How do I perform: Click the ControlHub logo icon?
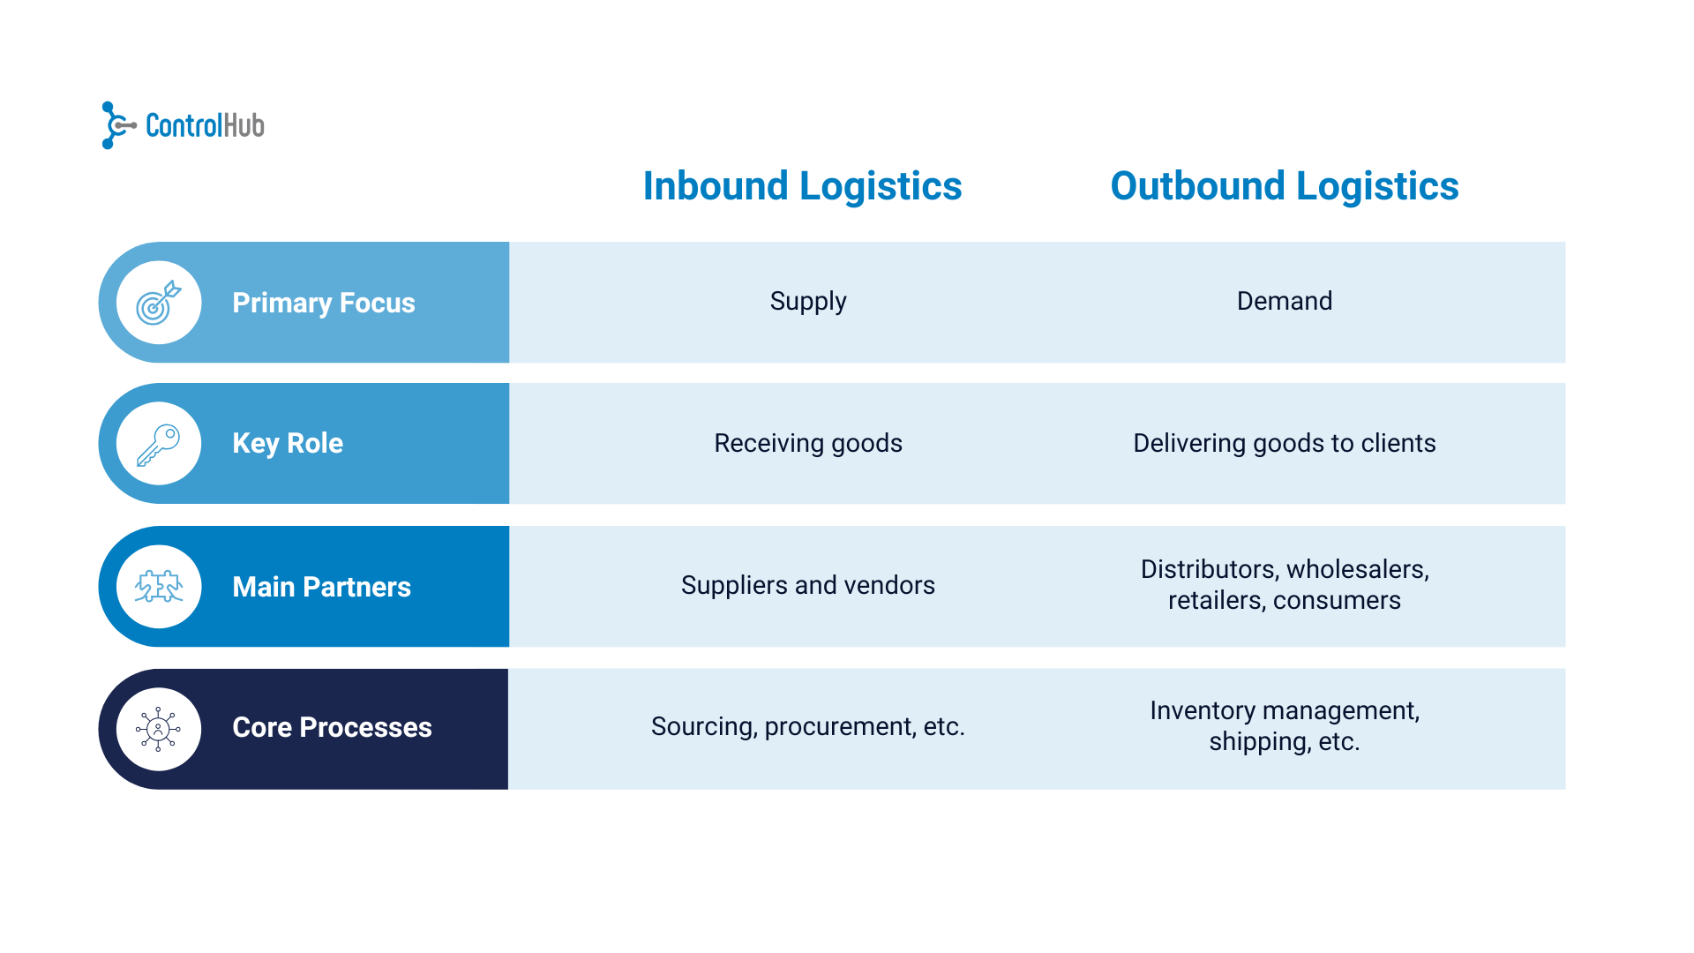116,125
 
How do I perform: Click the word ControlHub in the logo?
205,126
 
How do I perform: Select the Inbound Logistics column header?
802,186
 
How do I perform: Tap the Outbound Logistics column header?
1284,186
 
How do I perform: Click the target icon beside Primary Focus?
159,303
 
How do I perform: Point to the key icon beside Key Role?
159,444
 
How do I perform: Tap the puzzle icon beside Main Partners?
159,587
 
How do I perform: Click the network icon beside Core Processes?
159,729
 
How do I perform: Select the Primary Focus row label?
323,303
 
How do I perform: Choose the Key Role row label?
287,443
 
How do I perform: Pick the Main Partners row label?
321,587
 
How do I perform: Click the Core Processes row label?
332,727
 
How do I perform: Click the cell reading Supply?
807,302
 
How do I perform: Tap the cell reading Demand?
1284,302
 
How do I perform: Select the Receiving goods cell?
807,443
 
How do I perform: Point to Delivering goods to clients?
1284,443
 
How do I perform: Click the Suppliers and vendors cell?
807,585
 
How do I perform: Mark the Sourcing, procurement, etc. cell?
807,726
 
